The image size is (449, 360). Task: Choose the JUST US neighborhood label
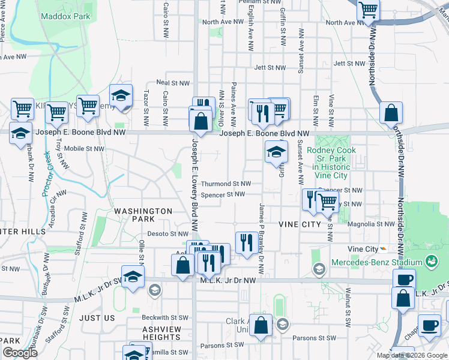[96, 317]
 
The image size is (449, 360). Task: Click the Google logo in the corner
[20, 353]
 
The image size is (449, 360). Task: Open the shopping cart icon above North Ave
[368, 10]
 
